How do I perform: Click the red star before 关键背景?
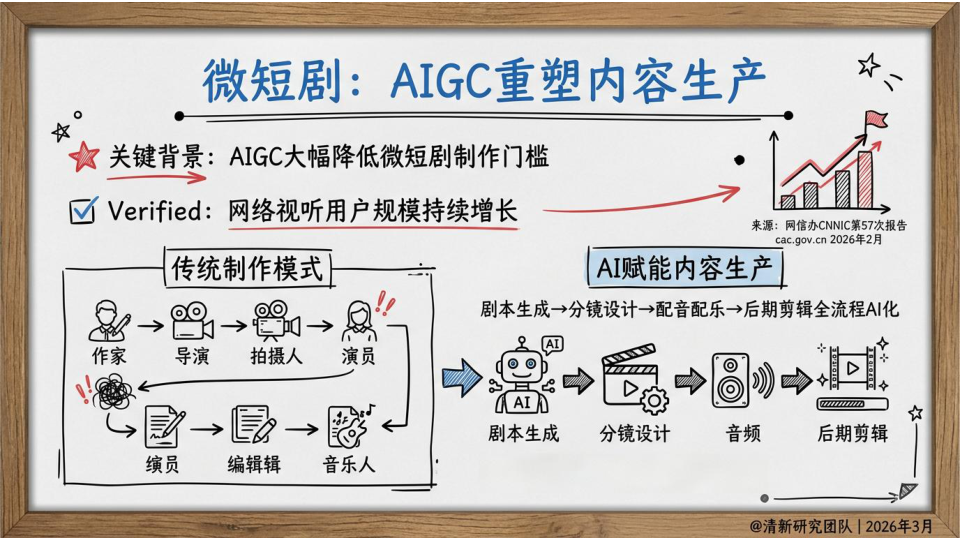pyautogui.click(x=84, y=157)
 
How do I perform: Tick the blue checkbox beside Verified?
pyautogui.click(x=83, y=211)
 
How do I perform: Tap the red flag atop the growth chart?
pyautogui.click(x=876, y=119)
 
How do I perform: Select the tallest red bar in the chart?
pyautogui.click(x=865, y=179)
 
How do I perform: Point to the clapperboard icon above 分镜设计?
pyautogui.click(x=634, y=379)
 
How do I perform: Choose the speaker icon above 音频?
pyautogui.click(x=742, y=380)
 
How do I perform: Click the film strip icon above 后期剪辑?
pyautogui.click(x=853, y=375)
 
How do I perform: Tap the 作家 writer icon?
pyautogui.click(x=108, y=320)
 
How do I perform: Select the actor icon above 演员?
pyautogui.click(x=359, y=321)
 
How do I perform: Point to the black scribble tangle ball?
pyautogui.click(x=113, y=392)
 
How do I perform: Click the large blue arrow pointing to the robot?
pyautogui.click(x=462, y=378)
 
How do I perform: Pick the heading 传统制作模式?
pyautogui.click(x=247, y=268)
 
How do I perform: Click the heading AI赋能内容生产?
pyautogui.click(x=684, y=268)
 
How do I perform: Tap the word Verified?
pyautogui.click(x=156, y=211)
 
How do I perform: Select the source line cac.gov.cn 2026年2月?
pyautogui.click(x=829, y=239)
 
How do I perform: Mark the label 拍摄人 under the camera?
pyautogui.click(x=276, y=356)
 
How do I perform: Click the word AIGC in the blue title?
pyautogui.click(x=441, y=80)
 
